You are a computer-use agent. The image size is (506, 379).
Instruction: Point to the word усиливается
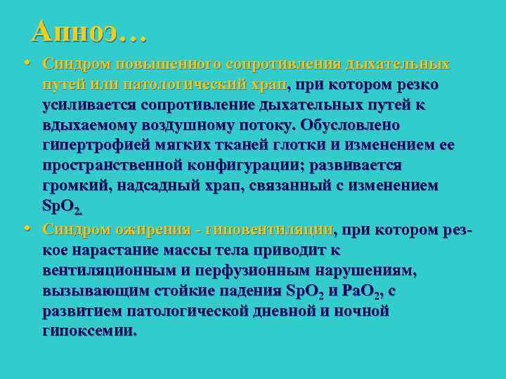point(88,105)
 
